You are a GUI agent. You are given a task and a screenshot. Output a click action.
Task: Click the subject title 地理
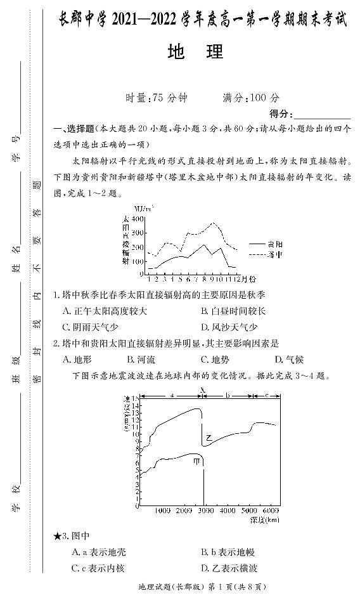[x=195, y=53]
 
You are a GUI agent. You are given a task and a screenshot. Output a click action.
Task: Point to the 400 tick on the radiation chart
[x=137, y=218]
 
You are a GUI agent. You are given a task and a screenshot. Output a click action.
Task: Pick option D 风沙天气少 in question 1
[x=229, y=327]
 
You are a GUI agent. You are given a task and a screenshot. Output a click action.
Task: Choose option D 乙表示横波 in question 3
[x=229, y=568]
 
